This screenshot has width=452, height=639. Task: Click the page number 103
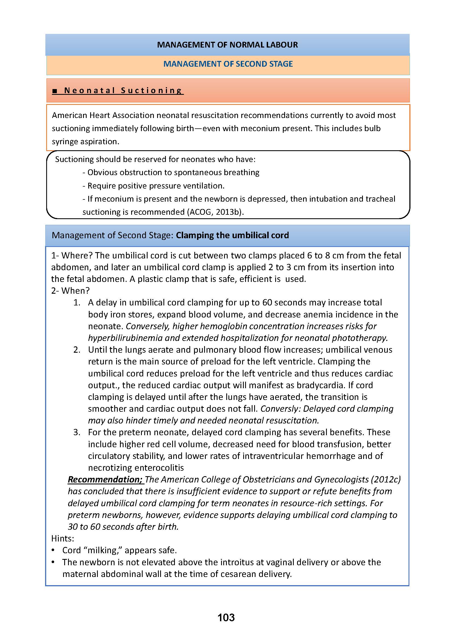tap(226, 617)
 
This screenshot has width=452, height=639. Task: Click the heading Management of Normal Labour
tap(227, 45)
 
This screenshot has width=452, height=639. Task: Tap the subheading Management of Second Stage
tap(228, 64)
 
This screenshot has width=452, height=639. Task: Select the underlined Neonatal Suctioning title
tap(123, 90)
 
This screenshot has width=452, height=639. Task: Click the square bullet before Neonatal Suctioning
tap(55, 91)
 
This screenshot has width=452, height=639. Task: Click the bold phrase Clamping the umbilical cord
tap(232, 235)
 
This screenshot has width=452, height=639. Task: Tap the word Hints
tap(63, 538)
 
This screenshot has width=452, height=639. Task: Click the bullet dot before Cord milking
tap(53, 550)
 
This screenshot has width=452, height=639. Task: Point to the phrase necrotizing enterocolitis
tap(136, 467)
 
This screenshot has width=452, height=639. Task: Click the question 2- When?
tap(71, 291)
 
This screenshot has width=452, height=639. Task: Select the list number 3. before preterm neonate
tap(77, 432)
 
